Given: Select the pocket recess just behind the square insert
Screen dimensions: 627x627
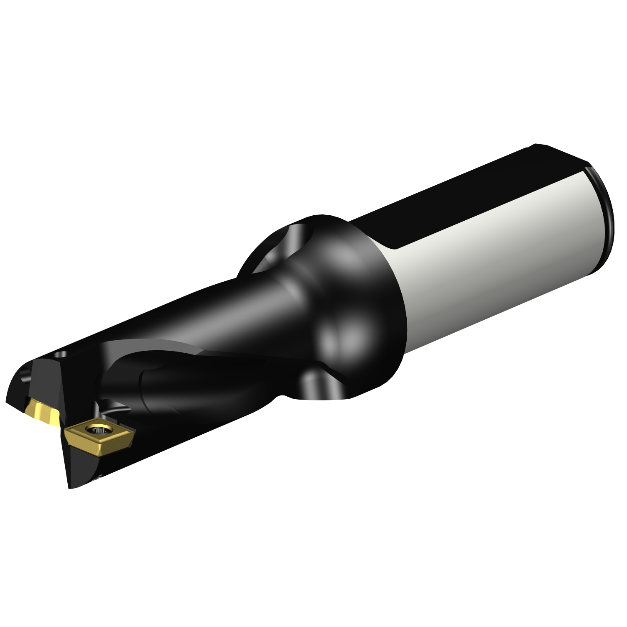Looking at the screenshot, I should [113, 412].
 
